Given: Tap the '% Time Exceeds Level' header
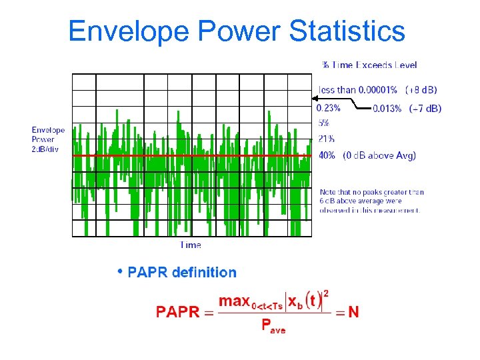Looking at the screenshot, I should [x=369, y=65].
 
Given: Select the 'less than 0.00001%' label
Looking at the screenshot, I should [x=358, y=89].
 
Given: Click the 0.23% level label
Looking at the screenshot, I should [x=328, y=107].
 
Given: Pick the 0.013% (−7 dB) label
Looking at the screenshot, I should [x=406, y=108].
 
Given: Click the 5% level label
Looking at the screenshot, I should [x=323, y=123].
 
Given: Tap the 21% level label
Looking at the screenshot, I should [x=326, y=139].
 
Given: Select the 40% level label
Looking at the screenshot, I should [x=327, y=155].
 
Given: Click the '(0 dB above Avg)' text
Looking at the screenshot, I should [x=379, y=155].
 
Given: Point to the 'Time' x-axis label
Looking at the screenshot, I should [x=191, y=245].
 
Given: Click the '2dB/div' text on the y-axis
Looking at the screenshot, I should [x=45, y=149].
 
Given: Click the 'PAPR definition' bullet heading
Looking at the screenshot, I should [x=181, y=272].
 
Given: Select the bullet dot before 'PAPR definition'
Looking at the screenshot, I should [x=119, y=271].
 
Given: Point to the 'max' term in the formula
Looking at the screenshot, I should [x=234, y=301].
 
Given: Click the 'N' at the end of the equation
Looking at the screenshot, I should [x=353, y=312].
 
